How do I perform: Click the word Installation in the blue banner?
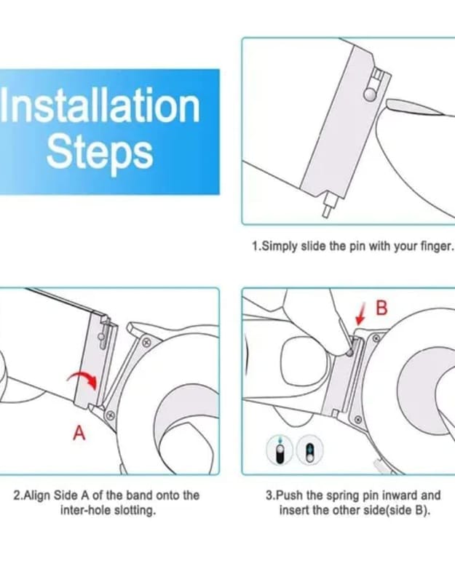coord(100,105)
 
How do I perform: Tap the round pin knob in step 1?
coord(370,95)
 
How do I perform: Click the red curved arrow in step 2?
coord(82,380)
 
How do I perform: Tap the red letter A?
coord(79,432)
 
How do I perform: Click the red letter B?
coord(381,308)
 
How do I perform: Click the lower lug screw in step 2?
coord(110,415)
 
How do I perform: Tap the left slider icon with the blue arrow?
coord(280,450)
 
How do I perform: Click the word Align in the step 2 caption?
coord(39,495)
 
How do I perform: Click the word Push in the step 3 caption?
coord(290,495)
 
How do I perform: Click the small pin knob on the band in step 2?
coord(100,336)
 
